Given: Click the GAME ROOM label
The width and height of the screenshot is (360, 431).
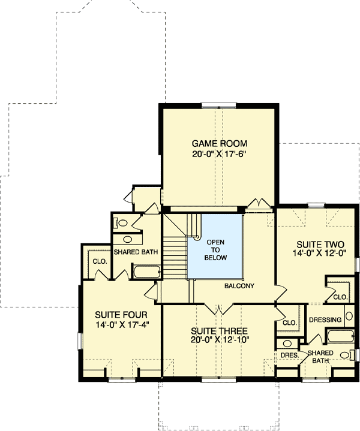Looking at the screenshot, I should pos(220,144).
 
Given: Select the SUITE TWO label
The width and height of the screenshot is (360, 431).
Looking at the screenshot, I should pos(320,245).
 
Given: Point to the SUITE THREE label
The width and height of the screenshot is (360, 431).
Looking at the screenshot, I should pos(219,331).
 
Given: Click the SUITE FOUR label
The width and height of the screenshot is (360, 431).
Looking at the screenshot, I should pos(121,314).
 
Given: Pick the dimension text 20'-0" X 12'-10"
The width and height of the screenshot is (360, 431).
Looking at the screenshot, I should pos(219,340).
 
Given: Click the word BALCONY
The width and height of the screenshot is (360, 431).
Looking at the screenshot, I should pos(240,286).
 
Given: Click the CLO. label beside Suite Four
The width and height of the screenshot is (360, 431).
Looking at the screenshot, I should pos(99,261).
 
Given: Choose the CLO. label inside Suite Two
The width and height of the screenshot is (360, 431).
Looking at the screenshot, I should pos(340,297).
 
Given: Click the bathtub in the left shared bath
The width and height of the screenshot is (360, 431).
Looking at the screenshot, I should pos(145,272).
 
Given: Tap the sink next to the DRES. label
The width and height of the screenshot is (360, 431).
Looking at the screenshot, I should pos(287,344).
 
